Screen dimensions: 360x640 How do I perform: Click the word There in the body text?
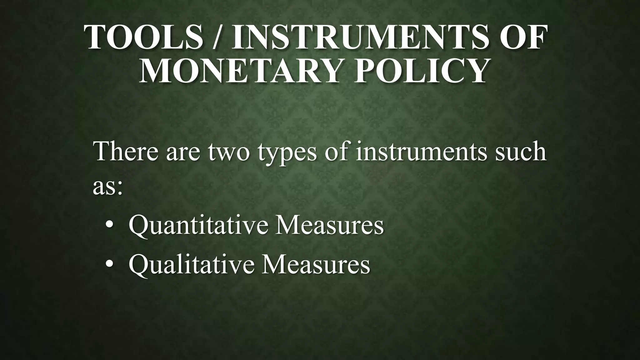pos(127,152)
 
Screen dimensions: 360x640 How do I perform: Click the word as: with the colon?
pos(107,187)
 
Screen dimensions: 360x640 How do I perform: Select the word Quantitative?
pos(198,226)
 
